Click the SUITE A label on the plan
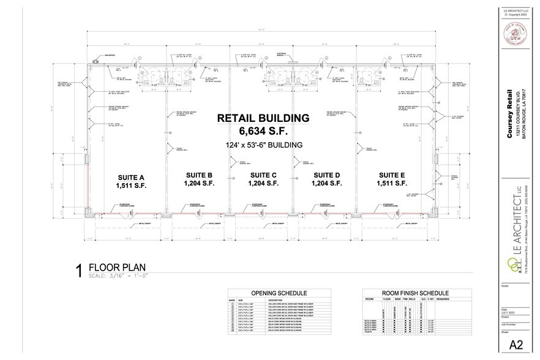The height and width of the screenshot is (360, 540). [130, 176]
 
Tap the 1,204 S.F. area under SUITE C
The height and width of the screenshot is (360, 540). [264, 183]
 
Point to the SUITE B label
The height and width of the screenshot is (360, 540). [200, 174]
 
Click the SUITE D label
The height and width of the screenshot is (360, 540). [326, 174]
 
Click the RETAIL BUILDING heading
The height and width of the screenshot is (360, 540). [263, 118]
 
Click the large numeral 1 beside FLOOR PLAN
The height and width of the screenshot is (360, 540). [78, 272]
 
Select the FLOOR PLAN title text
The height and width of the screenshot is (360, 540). [118, 267]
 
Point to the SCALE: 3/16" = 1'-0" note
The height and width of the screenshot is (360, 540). [119, 276]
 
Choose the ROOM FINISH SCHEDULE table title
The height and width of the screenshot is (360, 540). [415, 293]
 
